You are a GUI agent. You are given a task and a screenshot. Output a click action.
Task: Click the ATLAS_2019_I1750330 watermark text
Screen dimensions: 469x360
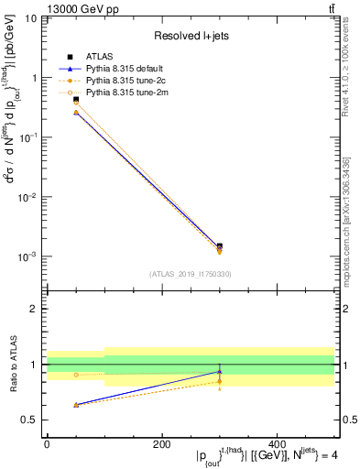[x=190, y=274]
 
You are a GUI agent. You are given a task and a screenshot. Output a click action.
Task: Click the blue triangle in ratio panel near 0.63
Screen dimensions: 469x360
[x=76, y=404]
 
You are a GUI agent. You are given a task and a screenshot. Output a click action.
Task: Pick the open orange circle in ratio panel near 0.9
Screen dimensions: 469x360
[x=76, y=375]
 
